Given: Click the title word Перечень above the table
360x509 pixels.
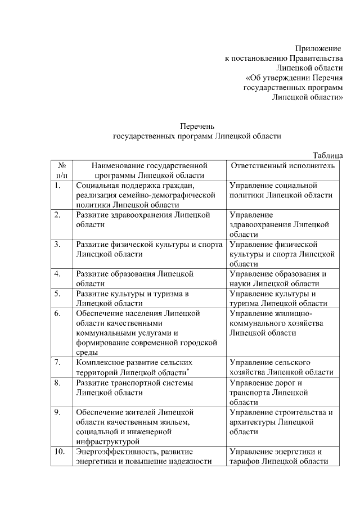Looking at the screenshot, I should coord(197,126).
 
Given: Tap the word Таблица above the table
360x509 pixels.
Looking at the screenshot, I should coord(327,156).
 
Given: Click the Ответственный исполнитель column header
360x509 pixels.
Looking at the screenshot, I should coord(283,166).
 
